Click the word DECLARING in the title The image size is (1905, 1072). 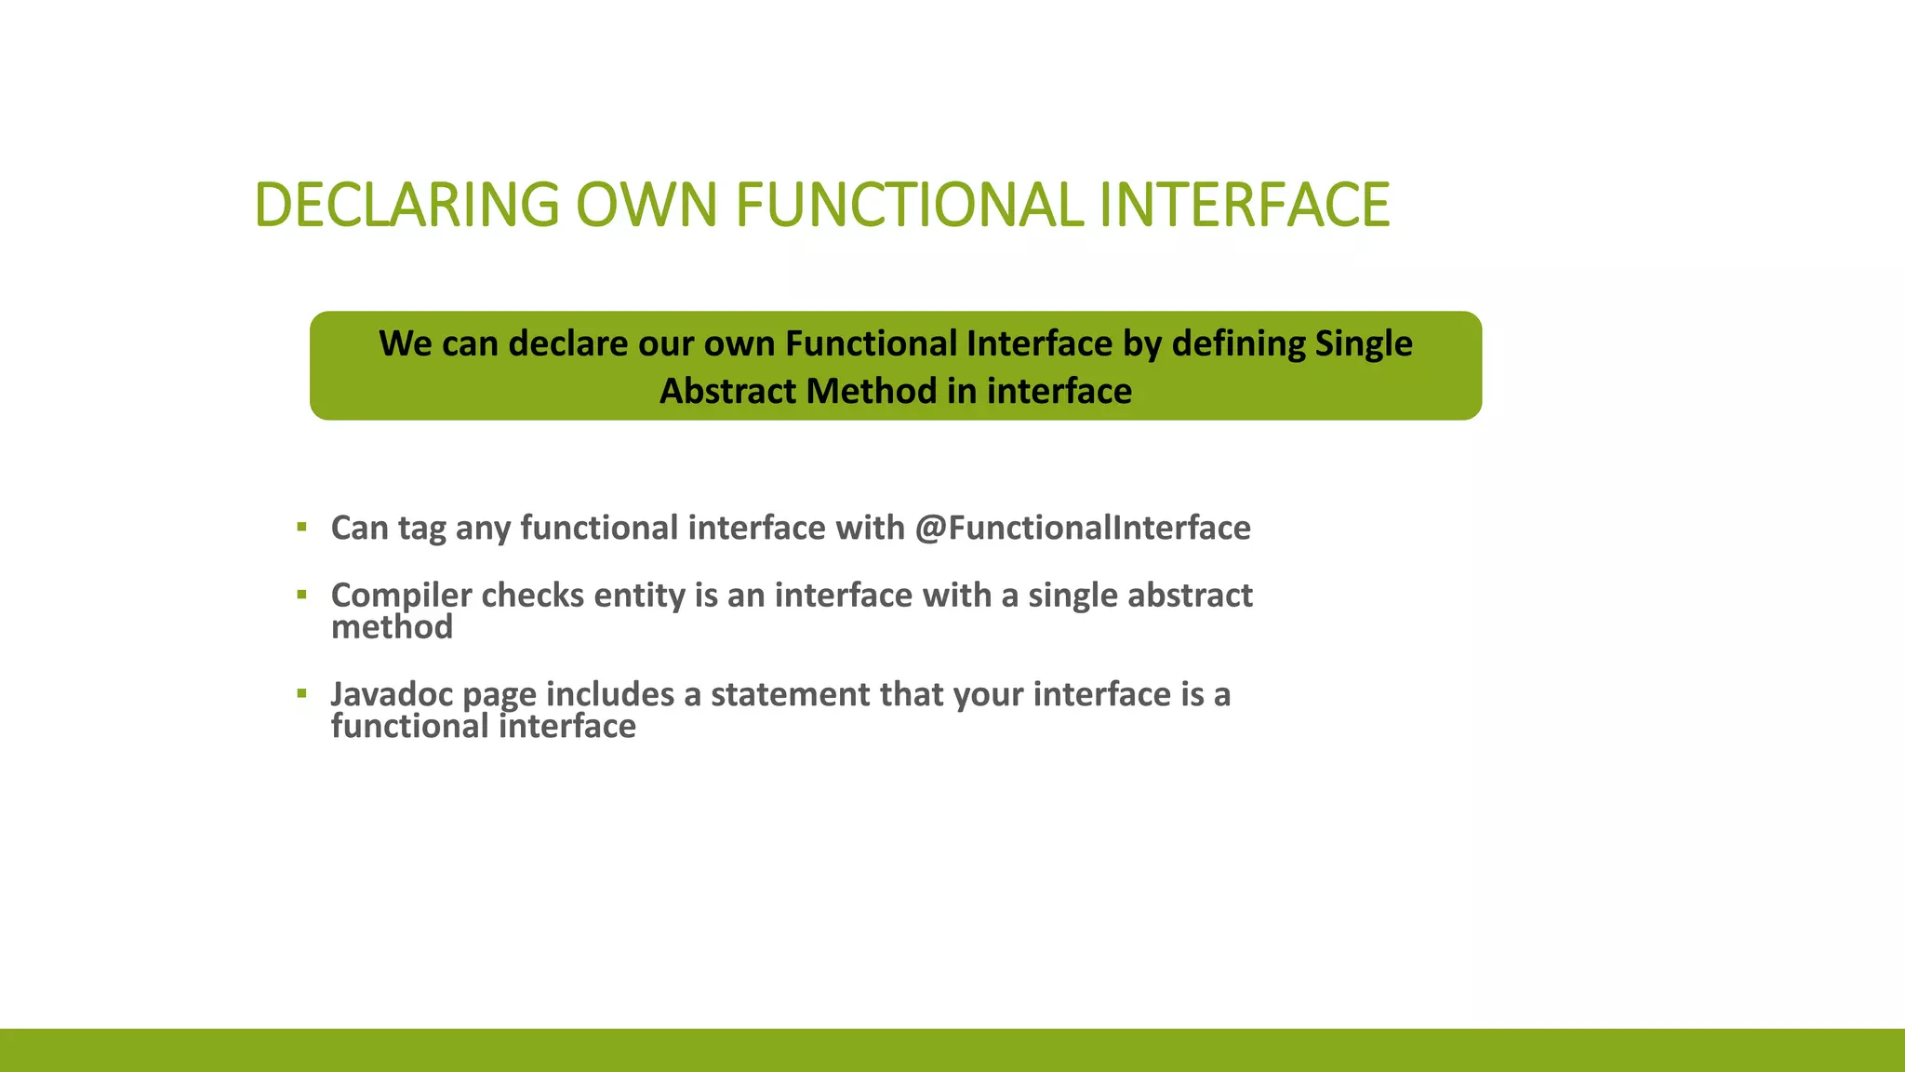tap(406, 205)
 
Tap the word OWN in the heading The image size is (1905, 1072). tap(646, 205)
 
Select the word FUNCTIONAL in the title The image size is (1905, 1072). tap(910, 205)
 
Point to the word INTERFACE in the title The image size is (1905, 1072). tap(1244, 205)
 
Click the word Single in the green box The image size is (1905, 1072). tap(1364, 344)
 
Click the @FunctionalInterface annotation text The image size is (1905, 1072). tap(1083, 529)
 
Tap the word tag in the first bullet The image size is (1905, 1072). tap(421, 529)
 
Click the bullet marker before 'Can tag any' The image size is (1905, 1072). tap(301, 528)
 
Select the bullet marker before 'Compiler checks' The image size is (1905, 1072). tap(301, 595)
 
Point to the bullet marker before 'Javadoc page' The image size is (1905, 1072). tap(301, 693)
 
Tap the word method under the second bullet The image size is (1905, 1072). tap(392, 627)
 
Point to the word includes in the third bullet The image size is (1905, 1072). tap(609, 695)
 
